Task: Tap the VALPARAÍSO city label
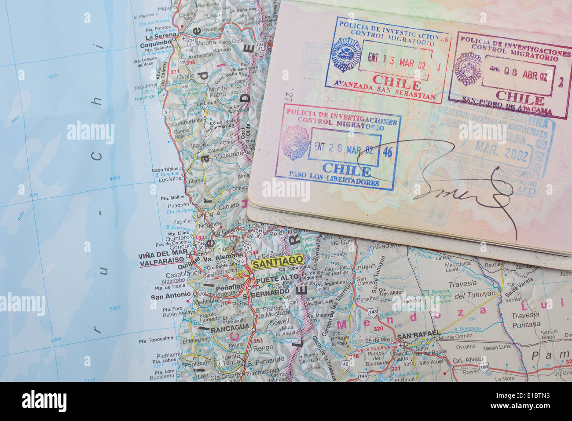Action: (x=161, y=261)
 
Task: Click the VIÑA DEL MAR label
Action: (x=162, y=254)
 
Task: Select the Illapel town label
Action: (x=199, y=144)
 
